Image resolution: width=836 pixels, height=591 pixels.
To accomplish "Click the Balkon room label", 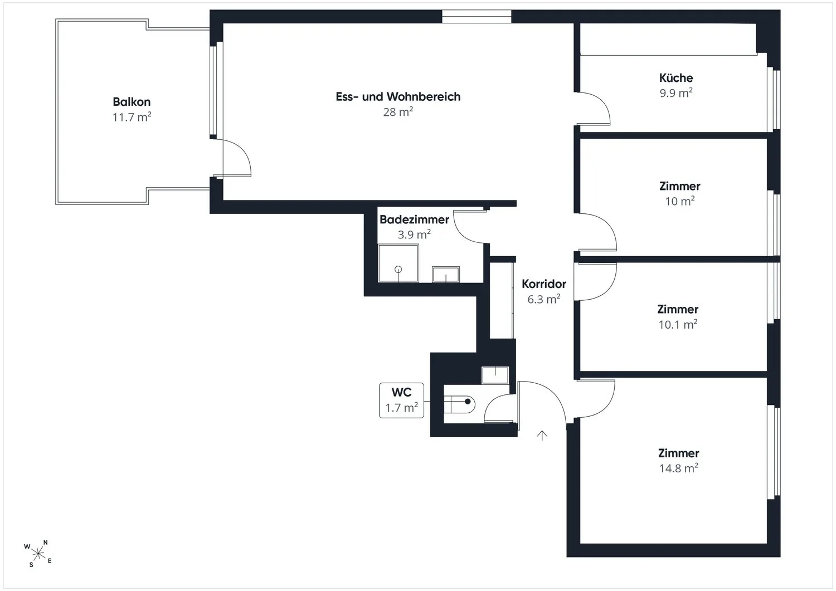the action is tap(132, 101).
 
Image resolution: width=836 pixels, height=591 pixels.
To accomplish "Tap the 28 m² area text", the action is tap(398, 111).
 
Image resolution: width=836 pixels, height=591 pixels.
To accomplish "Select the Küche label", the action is tap(676, 77).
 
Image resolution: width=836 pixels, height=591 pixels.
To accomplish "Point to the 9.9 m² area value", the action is tap(676, 92).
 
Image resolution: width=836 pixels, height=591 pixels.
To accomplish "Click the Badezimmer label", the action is tap(414, 219).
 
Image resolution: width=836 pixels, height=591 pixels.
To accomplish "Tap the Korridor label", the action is tap(544, 284).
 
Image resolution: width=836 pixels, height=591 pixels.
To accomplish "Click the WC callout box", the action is tap(402, 400).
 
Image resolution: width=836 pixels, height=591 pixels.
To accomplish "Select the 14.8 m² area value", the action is tap(678, 468).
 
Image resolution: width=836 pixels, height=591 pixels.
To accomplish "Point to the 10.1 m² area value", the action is tap(678, 324).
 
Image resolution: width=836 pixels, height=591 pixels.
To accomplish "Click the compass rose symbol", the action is tap(38, 554).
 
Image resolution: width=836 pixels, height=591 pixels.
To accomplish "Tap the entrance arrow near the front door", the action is tap(542, 436).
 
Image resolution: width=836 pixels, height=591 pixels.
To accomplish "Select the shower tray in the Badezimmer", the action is tap(398, 263).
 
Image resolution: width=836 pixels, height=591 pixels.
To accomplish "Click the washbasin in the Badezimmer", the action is tap(446, 274).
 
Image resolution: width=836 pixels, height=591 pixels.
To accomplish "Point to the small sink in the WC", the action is tap(495, 375).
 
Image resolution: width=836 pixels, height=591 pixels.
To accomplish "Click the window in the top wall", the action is tap(477, 17).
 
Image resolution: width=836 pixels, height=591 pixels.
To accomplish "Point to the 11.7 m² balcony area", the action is tap(132, 117).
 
